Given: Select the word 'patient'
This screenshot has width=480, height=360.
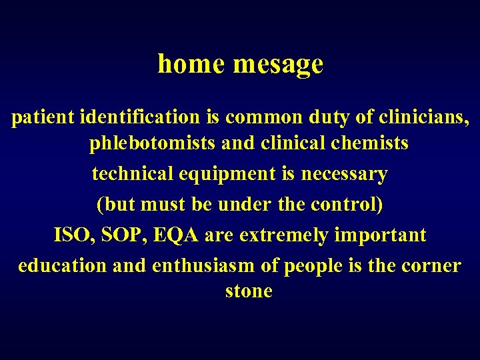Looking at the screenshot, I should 43,118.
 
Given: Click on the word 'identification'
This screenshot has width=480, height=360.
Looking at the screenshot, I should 139,118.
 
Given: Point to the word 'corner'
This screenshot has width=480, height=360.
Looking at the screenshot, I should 431,265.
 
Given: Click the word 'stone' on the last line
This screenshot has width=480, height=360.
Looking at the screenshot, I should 249,291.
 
